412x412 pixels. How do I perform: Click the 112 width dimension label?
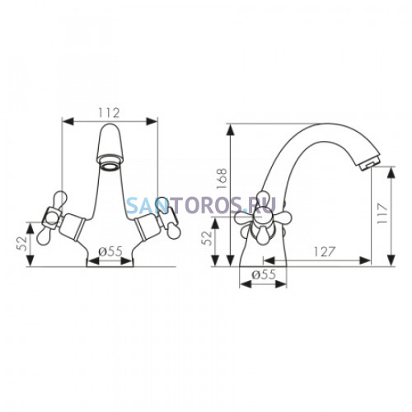(110, 113)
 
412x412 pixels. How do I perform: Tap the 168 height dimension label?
(222, 179)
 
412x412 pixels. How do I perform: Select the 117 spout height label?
(382, 213)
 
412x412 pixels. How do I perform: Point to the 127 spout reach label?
(325, 251)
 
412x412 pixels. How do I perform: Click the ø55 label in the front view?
(110, 251)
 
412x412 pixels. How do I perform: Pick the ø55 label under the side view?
(264, 274)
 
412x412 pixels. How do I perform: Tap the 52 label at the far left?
(22, 243)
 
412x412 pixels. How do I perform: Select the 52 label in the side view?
(207, 238)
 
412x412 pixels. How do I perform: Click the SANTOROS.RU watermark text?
(201, 204)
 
